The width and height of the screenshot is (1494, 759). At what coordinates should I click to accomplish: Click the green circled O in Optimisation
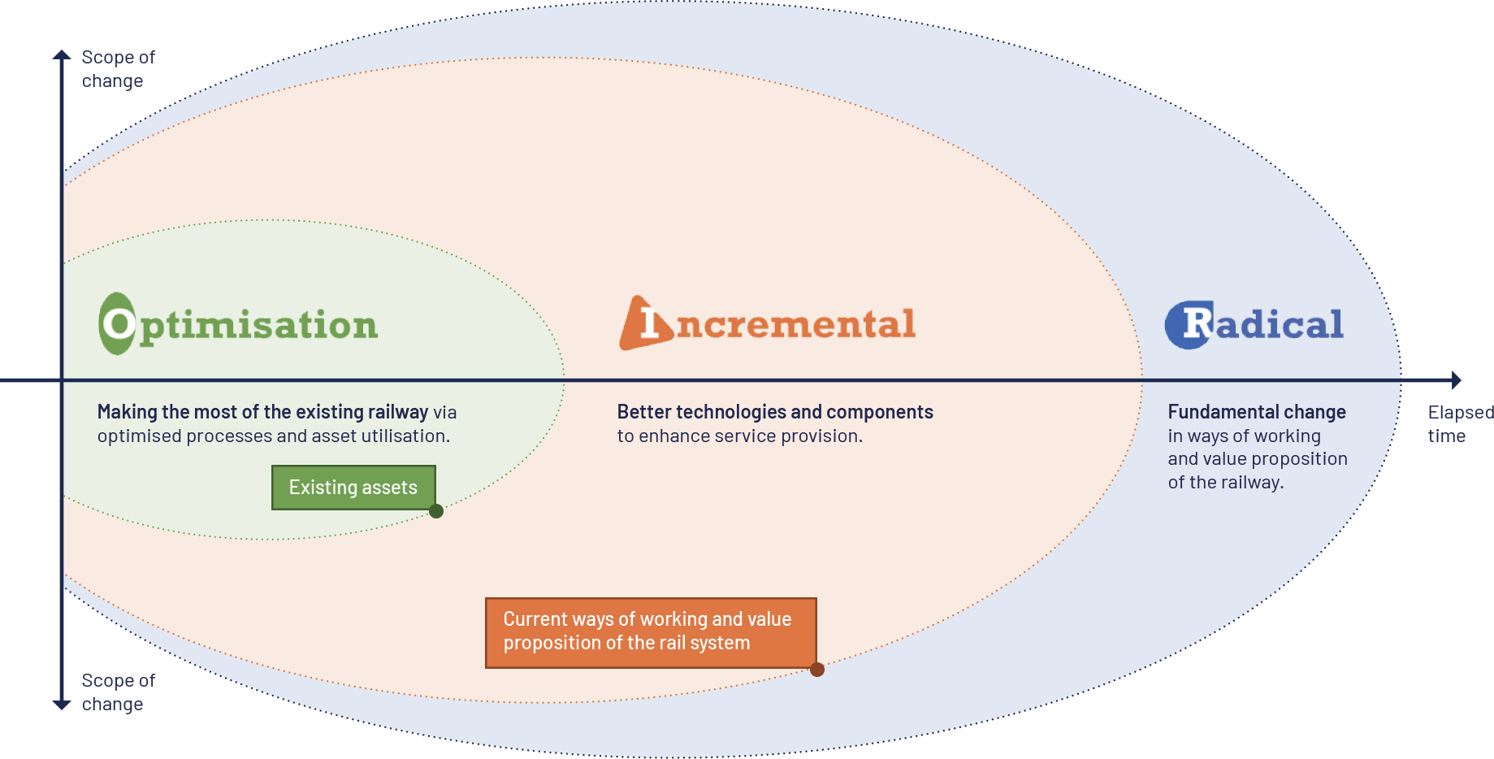[x=118, y=323]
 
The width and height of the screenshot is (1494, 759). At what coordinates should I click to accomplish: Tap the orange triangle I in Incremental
[x=647, y=323]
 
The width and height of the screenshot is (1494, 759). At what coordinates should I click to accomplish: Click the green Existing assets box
[x=353, y=488]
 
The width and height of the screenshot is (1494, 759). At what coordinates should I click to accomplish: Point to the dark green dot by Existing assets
[x=436, y=511]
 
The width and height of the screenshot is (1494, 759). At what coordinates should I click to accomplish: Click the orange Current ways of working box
[x=650, y=632]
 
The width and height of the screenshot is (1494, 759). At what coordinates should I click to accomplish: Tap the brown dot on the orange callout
[x=817, y=670]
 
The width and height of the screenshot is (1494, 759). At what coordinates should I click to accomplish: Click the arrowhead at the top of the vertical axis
[x=62, y=55]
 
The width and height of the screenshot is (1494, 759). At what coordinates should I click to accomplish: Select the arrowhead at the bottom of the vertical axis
[x=62, y=705]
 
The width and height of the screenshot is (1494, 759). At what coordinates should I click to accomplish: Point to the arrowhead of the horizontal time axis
[x=1457, y=380]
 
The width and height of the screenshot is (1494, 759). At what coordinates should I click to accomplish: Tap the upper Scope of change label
[x=118, y=69]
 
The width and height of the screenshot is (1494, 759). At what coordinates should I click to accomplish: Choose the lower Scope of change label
[x=118, y=692]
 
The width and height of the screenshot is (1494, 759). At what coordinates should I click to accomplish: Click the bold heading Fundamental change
[x=1257, y=412]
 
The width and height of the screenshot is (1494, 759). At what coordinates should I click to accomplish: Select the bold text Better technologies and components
[x=775, y=412]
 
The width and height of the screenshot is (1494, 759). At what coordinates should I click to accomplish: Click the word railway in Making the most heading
[x=397, y=412]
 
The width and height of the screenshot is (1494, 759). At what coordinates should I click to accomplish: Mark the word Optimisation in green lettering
[x=258, y=326]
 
